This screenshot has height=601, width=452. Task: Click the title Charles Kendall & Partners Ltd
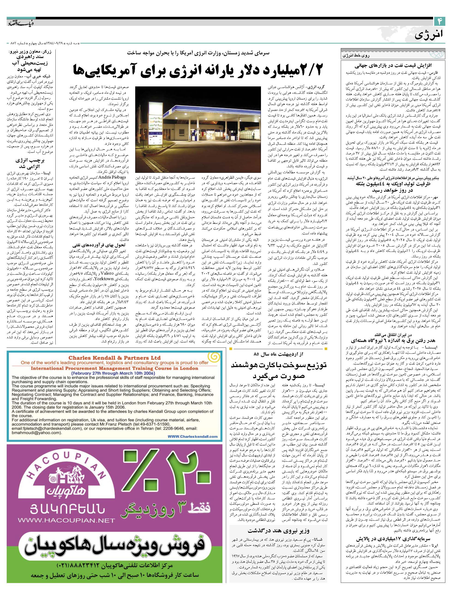point(114,358)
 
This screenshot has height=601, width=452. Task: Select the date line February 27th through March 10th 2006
point(114,373)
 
